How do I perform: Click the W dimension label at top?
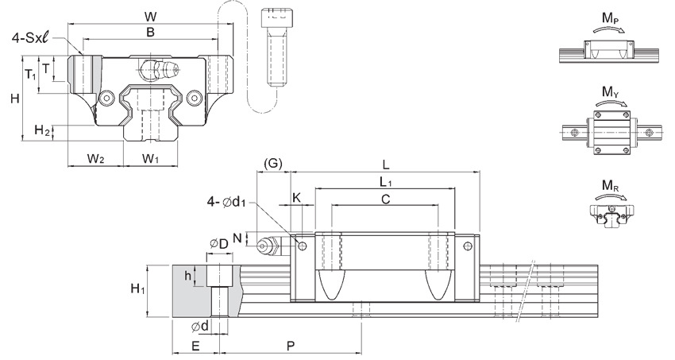[x=150, y=17]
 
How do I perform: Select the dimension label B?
[x=150, y=33]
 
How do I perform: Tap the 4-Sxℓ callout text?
[x=32, y=38]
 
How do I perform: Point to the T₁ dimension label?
[x=29, y=74]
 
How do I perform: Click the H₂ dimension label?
[x=42, y=130]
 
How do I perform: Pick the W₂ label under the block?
[x=95, y=159]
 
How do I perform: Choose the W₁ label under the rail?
[x=151, y=159]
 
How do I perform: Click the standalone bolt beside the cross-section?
[x=274, y=48]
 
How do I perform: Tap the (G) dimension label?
[x=273, y=164]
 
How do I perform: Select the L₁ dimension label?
[x=386, y=182]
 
